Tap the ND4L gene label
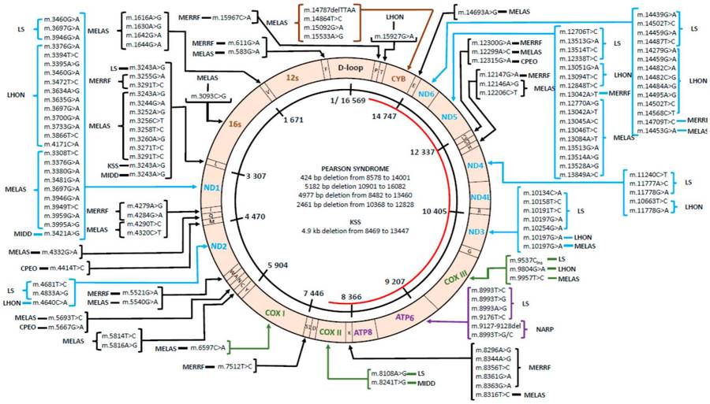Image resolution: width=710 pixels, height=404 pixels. (480, 197)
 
